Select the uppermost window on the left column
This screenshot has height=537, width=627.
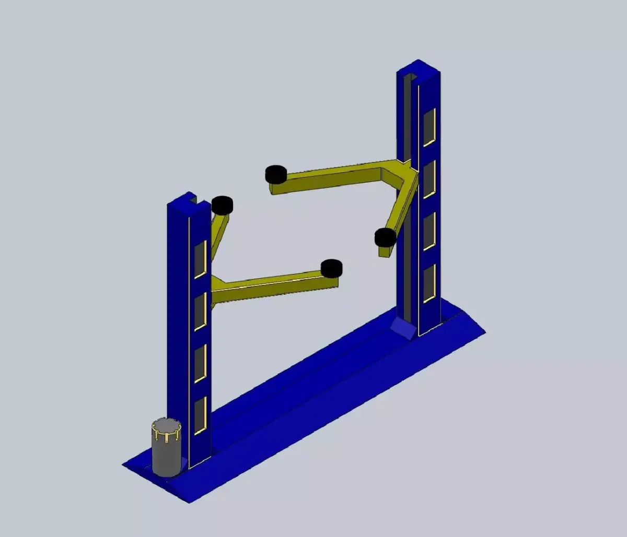[x=200, y=259]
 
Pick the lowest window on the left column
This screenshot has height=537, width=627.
[x=200, y=416]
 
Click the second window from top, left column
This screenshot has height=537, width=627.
[x=200, y=312]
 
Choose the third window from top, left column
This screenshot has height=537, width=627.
[x=200, y=364]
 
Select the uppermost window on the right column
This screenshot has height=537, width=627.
[x=429, y=127]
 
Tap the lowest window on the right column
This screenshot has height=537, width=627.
[x=429, y=284]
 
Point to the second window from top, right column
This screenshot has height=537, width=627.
[x=429, y=180]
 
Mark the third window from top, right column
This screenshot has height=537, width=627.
[x=429, y=232]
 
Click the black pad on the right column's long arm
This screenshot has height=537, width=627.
[x=276, y=174]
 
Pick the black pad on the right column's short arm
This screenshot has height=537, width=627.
[x=385, y=237]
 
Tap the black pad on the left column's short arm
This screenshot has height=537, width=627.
[x=222, y=205]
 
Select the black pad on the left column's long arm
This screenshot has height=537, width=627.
[x=331, y=268]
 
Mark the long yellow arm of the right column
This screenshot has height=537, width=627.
[x=334, y=176]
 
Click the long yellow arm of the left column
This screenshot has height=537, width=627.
[x=272, y=287]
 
